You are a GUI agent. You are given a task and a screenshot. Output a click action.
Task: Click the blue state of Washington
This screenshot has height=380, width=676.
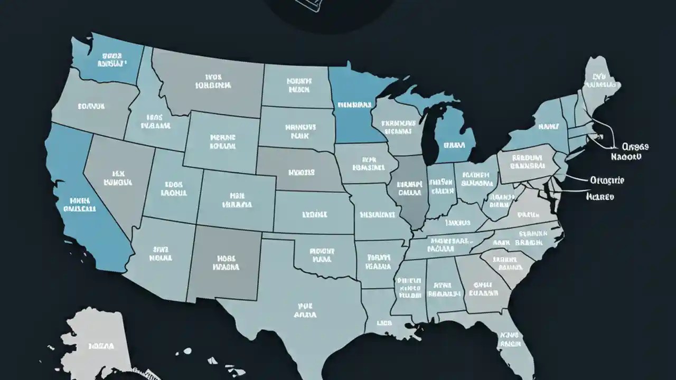pos(108,61)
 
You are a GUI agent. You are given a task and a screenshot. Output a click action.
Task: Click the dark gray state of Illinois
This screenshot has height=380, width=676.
pos(409,190)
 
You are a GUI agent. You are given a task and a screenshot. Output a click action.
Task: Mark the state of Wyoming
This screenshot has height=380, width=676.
pos(222,140)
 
